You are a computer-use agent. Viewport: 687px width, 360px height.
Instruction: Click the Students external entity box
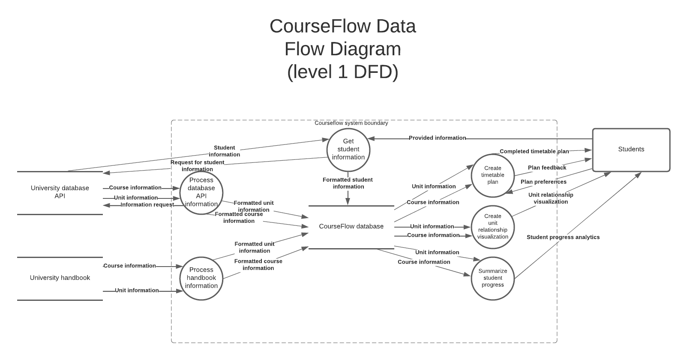tap(631, 150)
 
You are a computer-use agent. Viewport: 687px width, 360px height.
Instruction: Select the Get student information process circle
tap(348, 149)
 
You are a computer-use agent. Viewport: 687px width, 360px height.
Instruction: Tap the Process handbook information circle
tap(201, 278)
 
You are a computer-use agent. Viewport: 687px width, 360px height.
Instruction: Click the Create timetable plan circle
tap(492, 175)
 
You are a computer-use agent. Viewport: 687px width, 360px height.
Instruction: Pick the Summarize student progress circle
tap(492, 278)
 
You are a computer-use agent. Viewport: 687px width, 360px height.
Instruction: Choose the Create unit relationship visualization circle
tap(492, 227)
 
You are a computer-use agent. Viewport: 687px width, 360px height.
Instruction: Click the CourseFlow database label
tap(351, 226)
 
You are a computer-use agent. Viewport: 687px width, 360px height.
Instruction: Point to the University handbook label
tap(60, 278)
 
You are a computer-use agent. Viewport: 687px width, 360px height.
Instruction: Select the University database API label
tap(60, 192)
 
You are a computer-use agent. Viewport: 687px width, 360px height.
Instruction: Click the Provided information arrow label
tap(437, 138)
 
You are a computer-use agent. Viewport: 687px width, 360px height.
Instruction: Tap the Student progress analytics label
tap(563, 237)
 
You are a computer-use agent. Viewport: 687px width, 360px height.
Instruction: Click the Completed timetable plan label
tap(534, 151)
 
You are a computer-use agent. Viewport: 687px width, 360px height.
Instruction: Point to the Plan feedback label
tap(547, 168)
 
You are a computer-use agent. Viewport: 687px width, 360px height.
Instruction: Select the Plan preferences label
tap(543, 182)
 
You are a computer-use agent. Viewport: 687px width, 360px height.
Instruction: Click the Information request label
tap(147, 205)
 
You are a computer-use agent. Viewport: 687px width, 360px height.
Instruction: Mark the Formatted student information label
tap(348, 183)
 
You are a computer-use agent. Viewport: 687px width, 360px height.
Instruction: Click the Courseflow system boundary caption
tap(351, 123)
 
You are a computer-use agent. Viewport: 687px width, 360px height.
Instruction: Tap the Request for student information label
tap(197, 165)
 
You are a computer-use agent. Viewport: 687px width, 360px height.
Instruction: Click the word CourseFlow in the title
tap(321, 26)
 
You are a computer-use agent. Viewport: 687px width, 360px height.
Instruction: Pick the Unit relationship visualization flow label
tap(551, 198)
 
